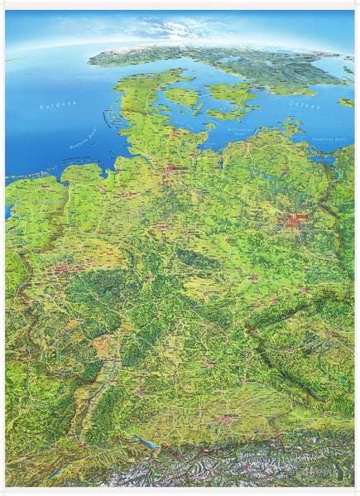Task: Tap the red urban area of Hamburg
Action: tap(173, 173)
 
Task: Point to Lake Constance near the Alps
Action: tap(149, 444)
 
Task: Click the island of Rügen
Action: tap(290, 127)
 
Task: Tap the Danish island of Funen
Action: tap(183, 97)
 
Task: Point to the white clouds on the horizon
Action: tap(178, 29)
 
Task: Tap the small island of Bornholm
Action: tap(345, 102)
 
